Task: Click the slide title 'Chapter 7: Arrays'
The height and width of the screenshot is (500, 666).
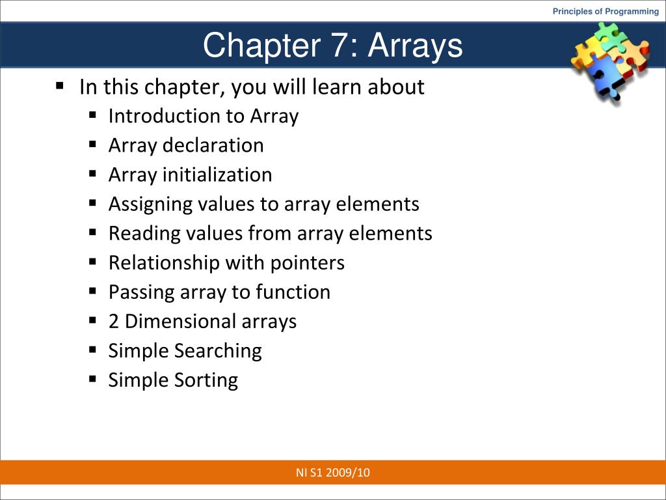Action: [x=332, y=46]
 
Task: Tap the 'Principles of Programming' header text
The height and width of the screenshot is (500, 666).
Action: [x=606, y=11]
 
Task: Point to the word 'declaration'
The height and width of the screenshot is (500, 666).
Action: [x=213, y=145]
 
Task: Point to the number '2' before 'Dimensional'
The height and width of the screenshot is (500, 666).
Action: [x=113, y=322]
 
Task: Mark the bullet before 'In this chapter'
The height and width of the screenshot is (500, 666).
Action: [x=60, y=85]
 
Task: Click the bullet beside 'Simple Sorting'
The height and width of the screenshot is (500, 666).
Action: [x=93, y=378]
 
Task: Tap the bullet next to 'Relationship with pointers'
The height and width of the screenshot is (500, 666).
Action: [x=93, y=261]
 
